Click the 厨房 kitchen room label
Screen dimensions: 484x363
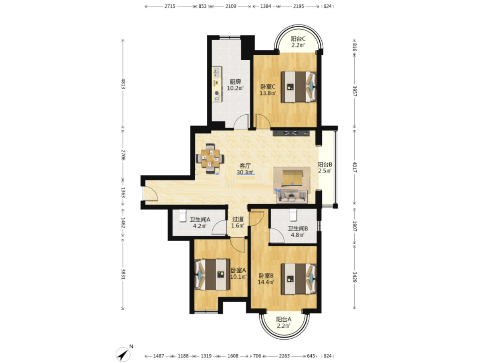(x=235, y=82)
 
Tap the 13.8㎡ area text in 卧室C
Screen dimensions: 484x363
(x=268, y=93)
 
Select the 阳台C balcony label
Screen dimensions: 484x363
(x=298, y=39)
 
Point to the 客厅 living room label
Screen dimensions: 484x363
(x=245, y=166)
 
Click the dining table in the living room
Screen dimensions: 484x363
(x=210, y=158)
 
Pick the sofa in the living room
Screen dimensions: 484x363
(x=292, y=197)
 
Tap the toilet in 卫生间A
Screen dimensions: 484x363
(x=183, y=216)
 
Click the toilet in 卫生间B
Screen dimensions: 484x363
(x=293, y=215)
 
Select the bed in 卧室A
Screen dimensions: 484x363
(x=212, y=274)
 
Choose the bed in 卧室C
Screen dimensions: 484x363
(x=298, y=87)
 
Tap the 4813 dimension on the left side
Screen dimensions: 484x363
(x=123, y=84)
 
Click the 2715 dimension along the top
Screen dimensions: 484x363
(x=170, y=6)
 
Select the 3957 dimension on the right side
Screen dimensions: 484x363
(x=354, y=91)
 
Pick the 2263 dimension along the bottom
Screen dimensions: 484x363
(x=284, y=356)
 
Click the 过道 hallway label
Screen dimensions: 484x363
(x=238, y=219)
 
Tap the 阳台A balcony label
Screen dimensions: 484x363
(x=284, y=319)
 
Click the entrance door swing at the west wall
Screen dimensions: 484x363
(x=150, y=193)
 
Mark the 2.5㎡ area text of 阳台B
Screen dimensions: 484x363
(x=325, y=170)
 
